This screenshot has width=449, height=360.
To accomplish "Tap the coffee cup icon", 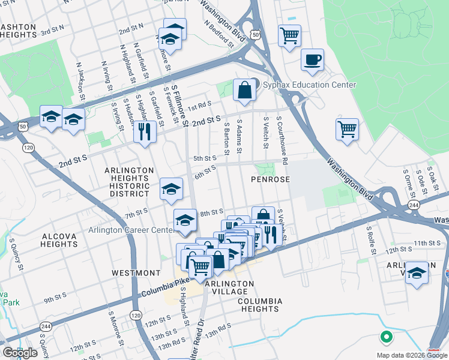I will tap(312, 60).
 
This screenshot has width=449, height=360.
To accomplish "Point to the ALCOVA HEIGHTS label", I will tap(59, 240).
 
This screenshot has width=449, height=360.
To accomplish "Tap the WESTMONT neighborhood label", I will tap(136, 273).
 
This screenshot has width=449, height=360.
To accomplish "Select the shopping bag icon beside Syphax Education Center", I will tap(245, 91).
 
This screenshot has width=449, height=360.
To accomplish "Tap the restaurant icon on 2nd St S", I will tap(144, 133).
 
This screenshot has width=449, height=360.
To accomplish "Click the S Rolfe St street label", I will tap(372, 241).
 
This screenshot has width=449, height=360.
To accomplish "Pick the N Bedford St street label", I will tap(218, 34).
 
